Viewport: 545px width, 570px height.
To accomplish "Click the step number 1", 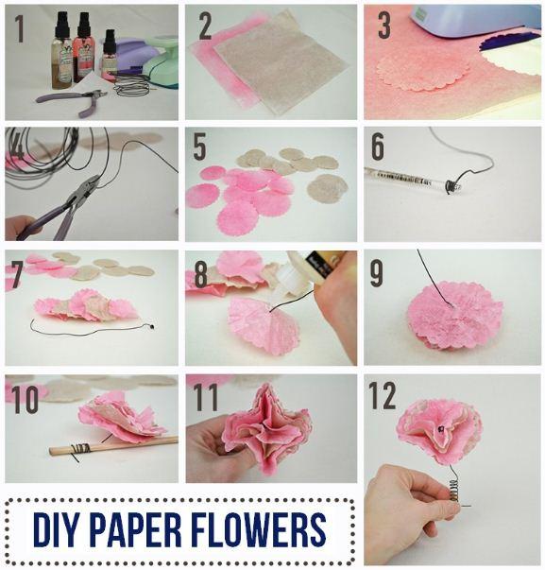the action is coord(21,28).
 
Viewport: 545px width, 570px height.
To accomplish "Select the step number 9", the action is coord(377,273).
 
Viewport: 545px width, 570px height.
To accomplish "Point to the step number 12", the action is coord(382,395).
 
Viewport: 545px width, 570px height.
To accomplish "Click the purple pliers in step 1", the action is coord(73,102).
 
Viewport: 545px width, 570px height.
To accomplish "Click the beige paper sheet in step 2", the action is coord(280,63).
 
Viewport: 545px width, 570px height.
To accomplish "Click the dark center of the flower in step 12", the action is coord(441,429).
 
